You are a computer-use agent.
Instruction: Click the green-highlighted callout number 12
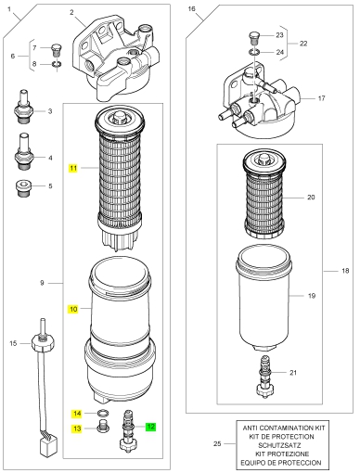click(x=151, y=427)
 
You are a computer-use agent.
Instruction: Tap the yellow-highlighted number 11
click(x=73, y=168)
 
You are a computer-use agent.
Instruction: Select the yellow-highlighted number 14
click(x=77, y=414)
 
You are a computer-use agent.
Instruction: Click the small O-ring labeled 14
click(x=103, y=413)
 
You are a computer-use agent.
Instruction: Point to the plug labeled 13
click(x=102, y=427)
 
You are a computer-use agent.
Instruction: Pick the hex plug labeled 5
click(x=23, y=188)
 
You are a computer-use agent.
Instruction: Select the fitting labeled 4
click(x=24, y=151)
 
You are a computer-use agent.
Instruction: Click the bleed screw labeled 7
click(x=57, y=50)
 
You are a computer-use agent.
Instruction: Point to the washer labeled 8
click(x=57, y=64)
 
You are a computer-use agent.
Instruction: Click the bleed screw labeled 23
click(x=254, y=37)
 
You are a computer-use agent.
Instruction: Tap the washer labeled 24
click(x=254, y=52)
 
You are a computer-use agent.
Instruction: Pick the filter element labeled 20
click(x=265, y=194)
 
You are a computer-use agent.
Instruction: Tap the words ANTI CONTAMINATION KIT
click(x=284, y=428)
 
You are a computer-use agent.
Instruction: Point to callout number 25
click(x=217, y=443)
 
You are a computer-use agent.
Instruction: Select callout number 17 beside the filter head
click(x=321, y=98)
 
